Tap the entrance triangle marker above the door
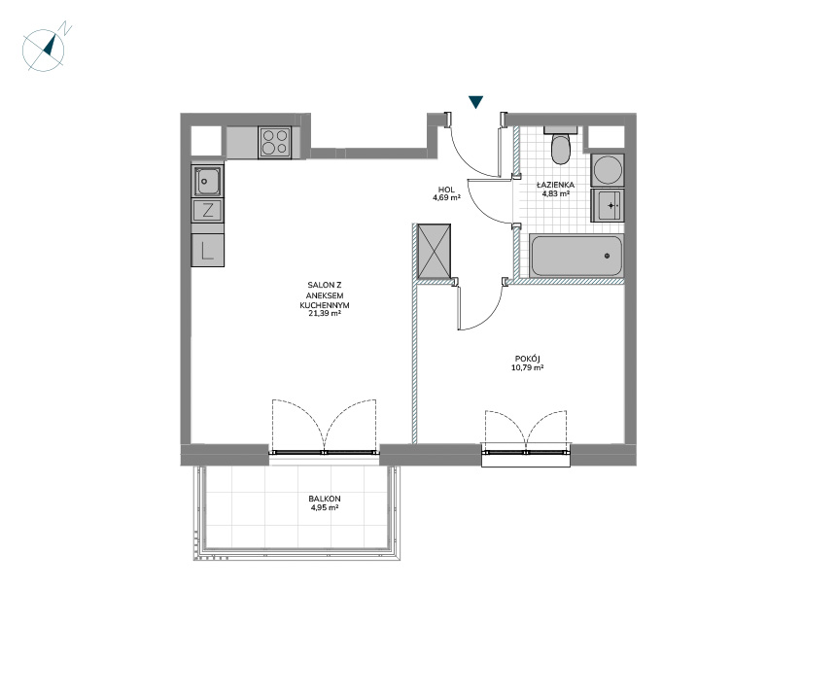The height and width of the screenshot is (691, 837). (x=475, y=102)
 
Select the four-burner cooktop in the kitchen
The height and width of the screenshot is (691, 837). (x=275, y=142)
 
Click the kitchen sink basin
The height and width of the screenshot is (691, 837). (x=208, y=181)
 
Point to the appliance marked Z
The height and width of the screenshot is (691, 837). (x=208, y=210)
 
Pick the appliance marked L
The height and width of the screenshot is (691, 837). (x=208, y=250)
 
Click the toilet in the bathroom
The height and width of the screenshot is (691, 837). (x=561, y=145)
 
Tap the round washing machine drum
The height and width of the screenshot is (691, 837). (x=608, y=170)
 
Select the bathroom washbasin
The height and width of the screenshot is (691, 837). (x=608, y=205)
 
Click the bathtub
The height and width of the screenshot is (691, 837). (x=575, y=256)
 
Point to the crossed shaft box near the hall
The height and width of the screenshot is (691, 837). (x=434, y=252)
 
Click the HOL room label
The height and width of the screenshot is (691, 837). (x=446, y=190)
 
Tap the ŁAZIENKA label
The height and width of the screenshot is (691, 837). (x=555, y=185)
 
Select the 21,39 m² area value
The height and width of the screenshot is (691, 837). (x=325, y=314)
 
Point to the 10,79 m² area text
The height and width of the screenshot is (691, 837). (x=528, y=367)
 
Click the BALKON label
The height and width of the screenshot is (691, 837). (x=325, y=499)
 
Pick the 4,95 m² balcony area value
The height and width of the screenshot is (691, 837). (x=325, y=507)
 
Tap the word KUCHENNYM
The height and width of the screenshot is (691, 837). (x=325, y=305)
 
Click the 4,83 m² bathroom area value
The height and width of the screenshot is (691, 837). (x=555, y=193)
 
